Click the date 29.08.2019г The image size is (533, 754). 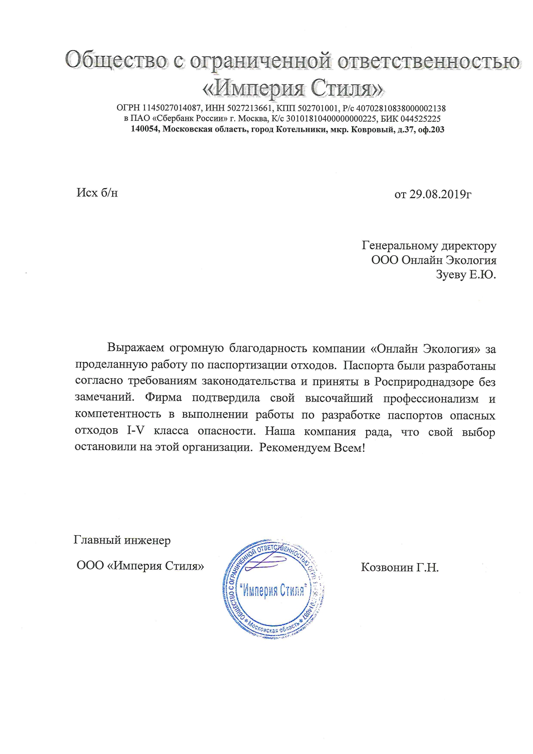point(440,194)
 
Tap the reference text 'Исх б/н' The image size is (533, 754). point(97,193)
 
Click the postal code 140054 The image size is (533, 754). point(145,129)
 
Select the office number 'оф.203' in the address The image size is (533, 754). point(431,129)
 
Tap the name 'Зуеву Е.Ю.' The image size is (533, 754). point(466,275)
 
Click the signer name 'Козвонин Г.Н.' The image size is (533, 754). point(400,567)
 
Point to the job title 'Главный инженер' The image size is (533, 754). point(122,540)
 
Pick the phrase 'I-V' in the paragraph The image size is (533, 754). point(135,431)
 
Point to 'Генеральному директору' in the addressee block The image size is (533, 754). point(429,246)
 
